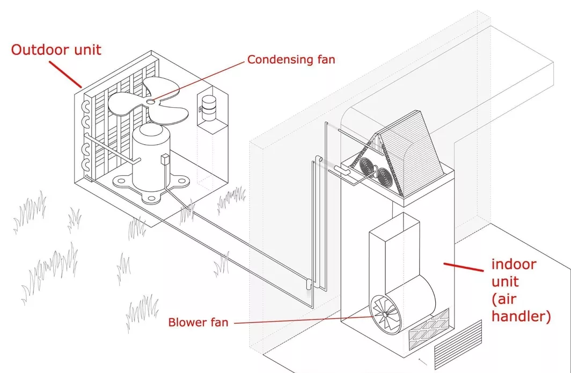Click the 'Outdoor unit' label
[56, 50]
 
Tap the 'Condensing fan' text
[291, 59]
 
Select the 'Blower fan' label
[198, 323]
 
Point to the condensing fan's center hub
[151, 100]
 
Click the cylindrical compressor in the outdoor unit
[151, 158]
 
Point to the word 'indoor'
[514, 264]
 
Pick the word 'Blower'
[186, 323]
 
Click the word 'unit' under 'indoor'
[507, 281]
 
